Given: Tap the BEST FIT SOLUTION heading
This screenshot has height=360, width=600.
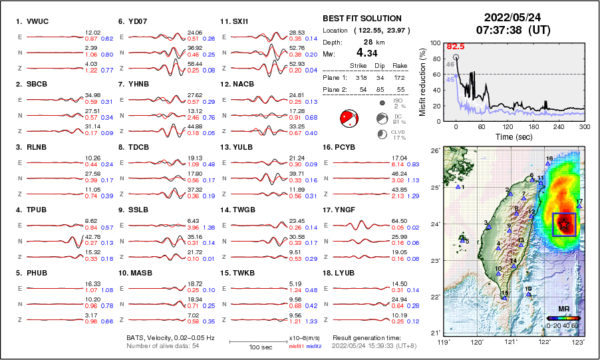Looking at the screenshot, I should (x=362, y=19).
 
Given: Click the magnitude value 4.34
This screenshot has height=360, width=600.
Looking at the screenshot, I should (x=367, y=53).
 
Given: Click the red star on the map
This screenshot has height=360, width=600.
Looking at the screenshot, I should (x=564, y=224).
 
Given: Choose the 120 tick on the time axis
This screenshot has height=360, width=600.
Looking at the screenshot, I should (x=508, y=126).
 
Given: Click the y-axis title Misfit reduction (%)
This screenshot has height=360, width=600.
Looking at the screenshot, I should (x=421, y=81).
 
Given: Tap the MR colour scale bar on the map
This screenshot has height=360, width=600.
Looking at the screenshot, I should (x=563, y=318).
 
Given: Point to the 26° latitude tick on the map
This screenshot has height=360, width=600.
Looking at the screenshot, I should (x=433, y=151).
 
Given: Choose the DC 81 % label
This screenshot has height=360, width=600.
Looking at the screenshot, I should (x=399, y=120).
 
